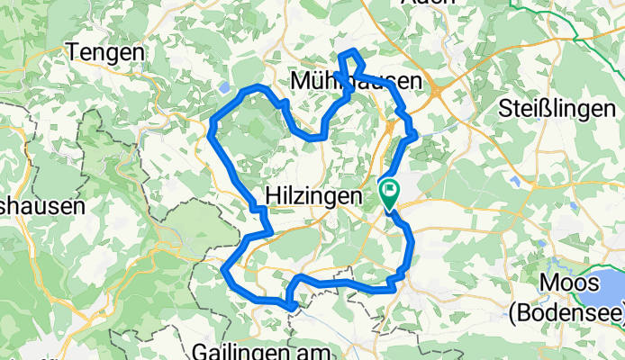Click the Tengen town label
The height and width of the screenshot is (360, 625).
pos(105,53)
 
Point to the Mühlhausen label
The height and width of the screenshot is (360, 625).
pos(357,82)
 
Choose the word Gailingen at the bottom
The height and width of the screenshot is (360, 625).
pos(245,349)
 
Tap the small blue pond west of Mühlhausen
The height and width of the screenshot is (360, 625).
pos(222,88)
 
